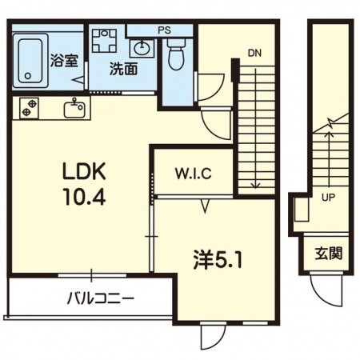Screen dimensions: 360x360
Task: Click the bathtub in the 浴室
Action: coord(30,61)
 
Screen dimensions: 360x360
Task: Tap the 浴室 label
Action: coord(64,60)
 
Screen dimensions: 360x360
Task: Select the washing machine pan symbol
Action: coord(104,40)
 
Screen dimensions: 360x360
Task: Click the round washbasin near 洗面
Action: coord(142,48)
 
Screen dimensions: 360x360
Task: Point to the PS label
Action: coord(164,30)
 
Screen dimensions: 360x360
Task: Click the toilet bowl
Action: coord(177,54)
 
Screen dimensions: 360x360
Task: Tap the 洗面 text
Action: coord(123,69)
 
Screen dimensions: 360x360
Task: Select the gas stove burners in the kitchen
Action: coord(29,108)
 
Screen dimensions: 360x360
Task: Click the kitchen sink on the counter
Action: coord(74,108)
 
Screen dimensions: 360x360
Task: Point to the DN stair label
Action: coord(254,53)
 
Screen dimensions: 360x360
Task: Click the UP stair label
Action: coord(328,198)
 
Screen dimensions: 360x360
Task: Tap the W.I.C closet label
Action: coord(194,174)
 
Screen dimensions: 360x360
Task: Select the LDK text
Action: coord(84,171)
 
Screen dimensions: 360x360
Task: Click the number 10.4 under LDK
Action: coord(84,196)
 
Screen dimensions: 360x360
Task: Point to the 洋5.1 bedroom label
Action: coord(218,260)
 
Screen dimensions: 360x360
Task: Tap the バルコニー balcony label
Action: coord(100,298)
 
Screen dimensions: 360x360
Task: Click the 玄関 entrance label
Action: coord(329,253)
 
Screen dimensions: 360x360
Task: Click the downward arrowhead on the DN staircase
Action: coord(255,186)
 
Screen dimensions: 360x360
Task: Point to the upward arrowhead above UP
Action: coord(330,134)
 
